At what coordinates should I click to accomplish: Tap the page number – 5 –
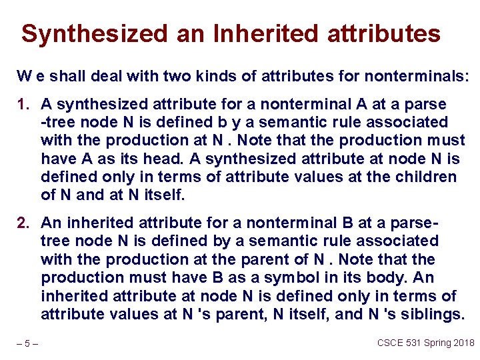coord(28,344)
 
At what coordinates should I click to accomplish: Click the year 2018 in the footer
coord(465,343)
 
